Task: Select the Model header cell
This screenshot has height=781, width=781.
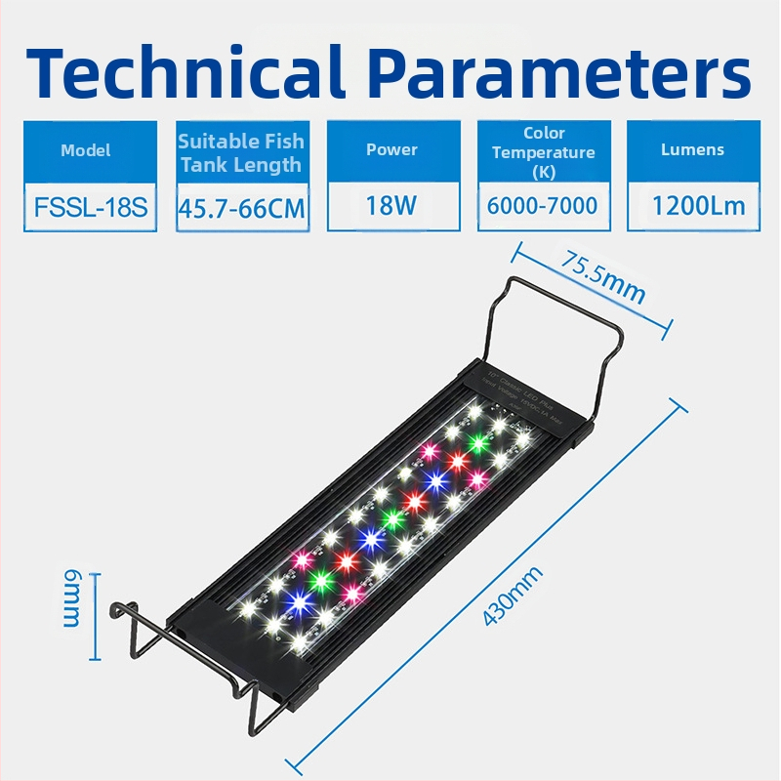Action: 86,150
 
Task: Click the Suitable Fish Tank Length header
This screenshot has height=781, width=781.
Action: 240,152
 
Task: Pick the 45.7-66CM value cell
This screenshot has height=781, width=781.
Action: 240,208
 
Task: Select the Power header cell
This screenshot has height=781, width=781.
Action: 391,150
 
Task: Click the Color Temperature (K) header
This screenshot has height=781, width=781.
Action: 544,152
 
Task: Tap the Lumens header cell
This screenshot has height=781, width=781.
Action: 692,150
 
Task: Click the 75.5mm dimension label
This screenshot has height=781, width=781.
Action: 603,277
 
